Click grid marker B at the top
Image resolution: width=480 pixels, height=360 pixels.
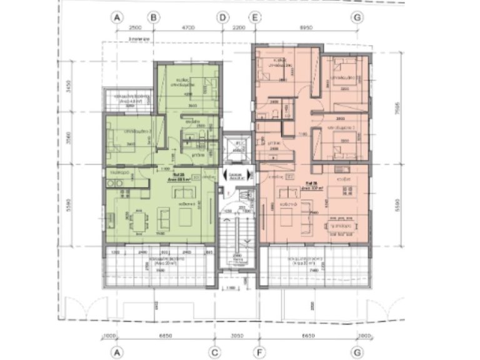tap(152, 19)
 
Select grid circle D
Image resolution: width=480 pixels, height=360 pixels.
tap(222, 19)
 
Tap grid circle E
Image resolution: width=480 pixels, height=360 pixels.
tap(254, 19)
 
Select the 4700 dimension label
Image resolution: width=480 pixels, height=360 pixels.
tap(187, 28)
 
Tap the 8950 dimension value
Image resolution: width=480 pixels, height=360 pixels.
tap(306, 28)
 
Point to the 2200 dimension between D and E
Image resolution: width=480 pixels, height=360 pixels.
tap(238, 28)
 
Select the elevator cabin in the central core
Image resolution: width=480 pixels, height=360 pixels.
tap(237, 149)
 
